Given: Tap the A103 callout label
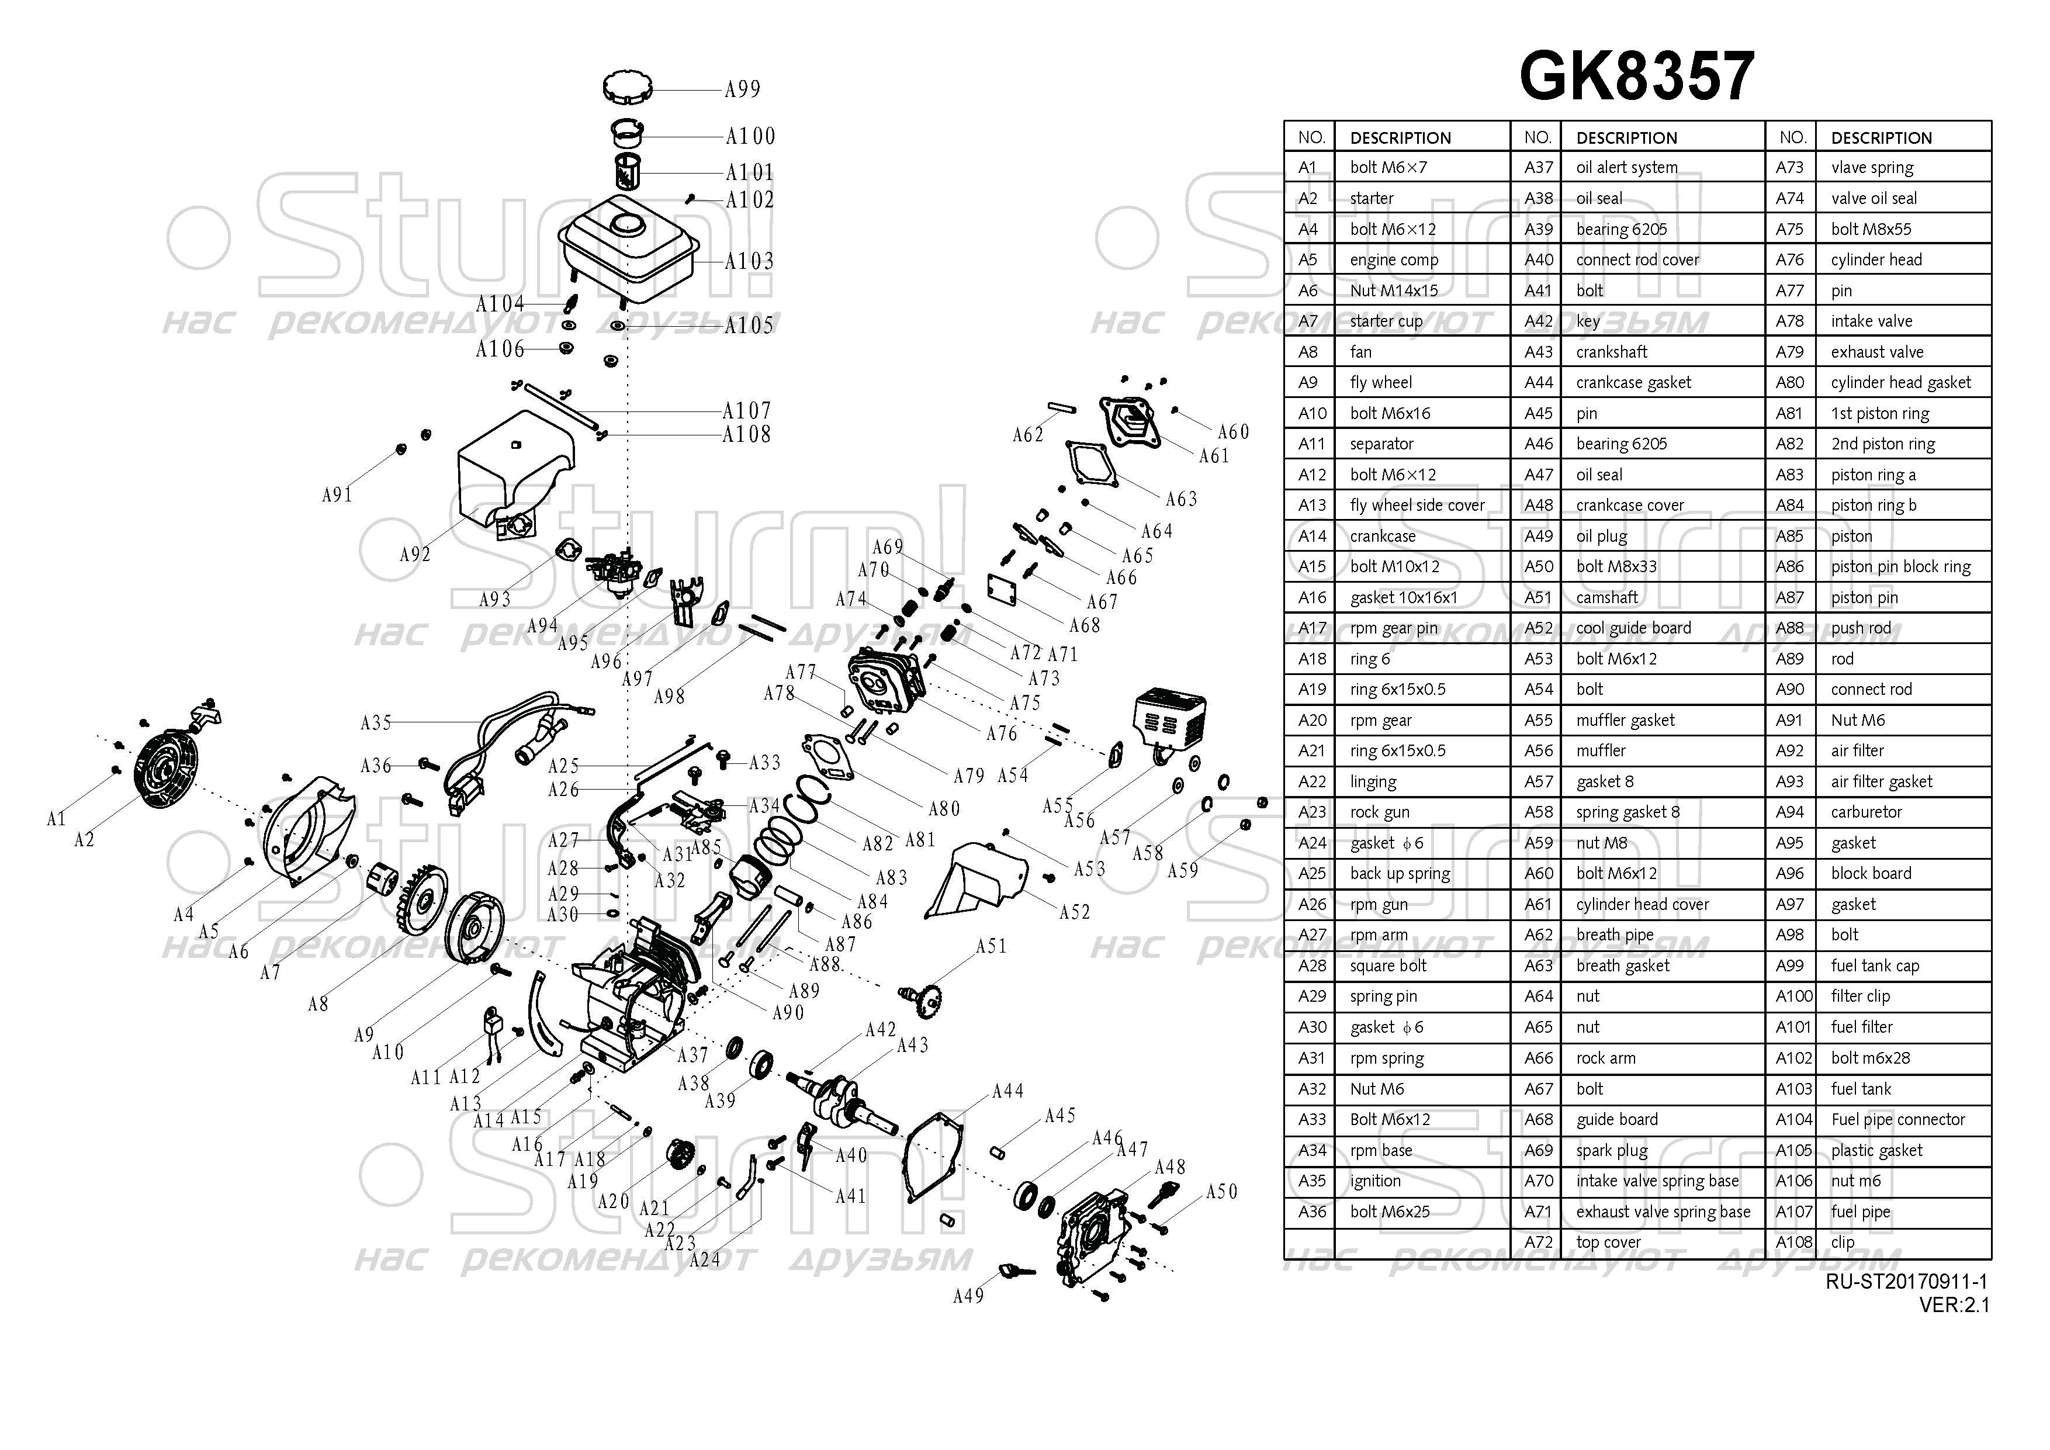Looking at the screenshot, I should coord(748,262).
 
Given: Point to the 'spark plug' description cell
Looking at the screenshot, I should coord(1612,1150).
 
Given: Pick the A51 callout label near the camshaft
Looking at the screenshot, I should coord(990,946).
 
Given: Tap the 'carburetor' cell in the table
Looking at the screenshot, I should coord(1865,812).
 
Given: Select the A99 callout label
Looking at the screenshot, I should coord(742,89).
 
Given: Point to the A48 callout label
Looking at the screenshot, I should coord(1170,1167).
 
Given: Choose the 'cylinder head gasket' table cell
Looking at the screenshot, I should coord(1900,382).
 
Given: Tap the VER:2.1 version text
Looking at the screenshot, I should coord(1954,1304).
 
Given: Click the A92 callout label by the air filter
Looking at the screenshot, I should coord(414,555).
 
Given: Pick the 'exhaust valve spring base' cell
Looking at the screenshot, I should coord(1663,1212).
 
